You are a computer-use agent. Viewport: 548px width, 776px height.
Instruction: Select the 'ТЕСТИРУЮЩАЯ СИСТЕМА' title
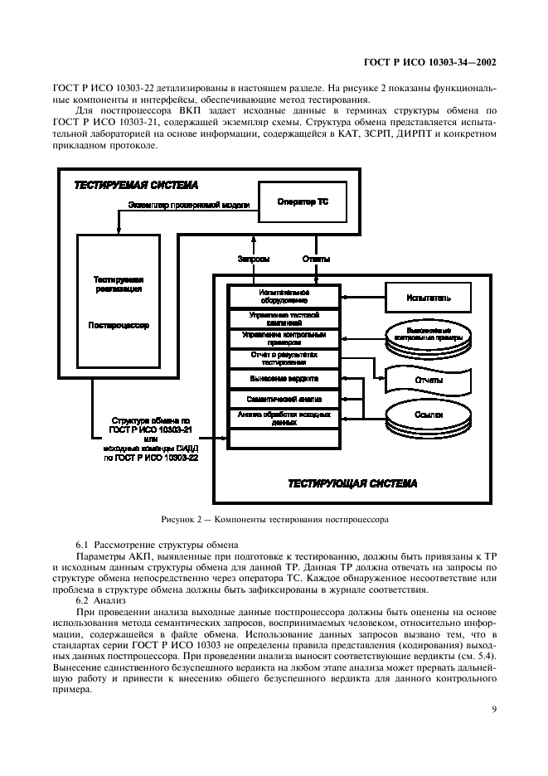[352, 483]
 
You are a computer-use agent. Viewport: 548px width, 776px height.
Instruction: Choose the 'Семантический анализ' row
[284, 399]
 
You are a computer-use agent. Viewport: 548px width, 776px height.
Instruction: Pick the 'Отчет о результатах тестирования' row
[284, 358]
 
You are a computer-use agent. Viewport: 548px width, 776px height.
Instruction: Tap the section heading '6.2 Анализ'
[100, 599]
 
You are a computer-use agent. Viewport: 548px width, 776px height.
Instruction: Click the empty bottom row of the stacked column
[284, 438]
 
